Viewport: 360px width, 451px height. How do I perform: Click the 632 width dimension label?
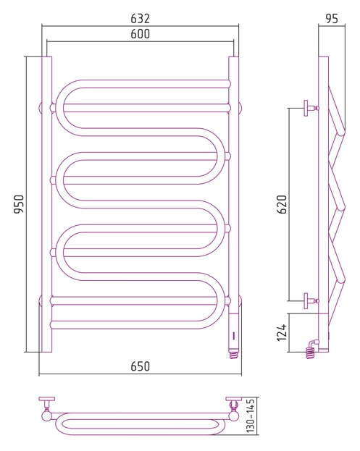[x=140, y=18]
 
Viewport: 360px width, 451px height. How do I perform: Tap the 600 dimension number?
[x=140, y=34]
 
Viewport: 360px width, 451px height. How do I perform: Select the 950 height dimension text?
[x=20, y=204]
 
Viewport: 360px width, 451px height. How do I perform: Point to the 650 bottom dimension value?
[x=140, y=366]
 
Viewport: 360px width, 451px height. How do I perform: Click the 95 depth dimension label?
[x=332, y=18]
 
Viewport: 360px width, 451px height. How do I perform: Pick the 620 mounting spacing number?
[x=282, y=204]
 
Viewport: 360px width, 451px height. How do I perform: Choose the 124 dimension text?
[x=282, y=332]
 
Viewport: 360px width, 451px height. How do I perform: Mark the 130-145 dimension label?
[x=251, y=416]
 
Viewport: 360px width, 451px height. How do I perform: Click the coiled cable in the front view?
[x=235, y=354]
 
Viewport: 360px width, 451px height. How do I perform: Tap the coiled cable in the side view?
[x=310, y=353]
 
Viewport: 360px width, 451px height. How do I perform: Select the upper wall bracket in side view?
[x=311, y=108]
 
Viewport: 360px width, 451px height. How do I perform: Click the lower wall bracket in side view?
[x=311, y=301]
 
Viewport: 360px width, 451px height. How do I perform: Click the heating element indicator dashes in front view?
[x=234, y=335]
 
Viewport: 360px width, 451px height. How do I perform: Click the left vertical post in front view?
[x=47, y=204]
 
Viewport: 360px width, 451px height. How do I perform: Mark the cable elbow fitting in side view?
[x=314, y=343]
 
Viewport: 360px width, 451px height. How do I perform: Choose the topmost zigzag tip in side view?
[x=342, y=131]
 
